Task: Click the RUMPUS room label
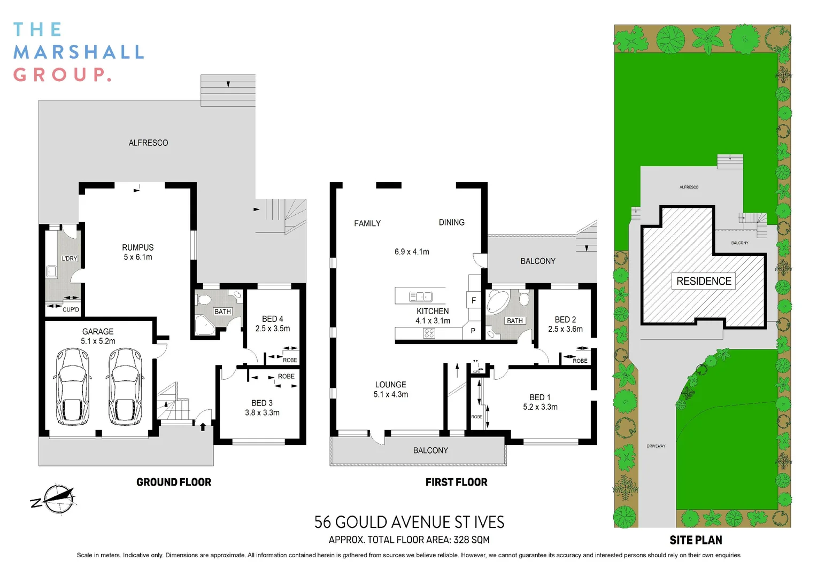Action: [137, 247]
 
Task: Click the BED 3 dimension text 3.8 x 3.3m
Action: [262, 412]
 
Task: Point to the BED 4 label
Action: [272, 319]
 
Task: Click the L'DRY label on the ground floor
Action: [70, 259]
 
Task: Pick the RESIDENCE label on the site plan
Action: [703, 281]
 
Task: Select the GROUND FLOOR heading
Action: [174, 482]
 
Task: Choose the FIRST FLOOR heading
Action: [456, 482]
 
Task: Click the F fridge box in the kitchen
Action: [473, 301]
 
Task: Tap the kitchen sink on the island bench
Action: [420, 297]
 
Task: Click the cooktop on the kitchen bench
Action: [429, 333]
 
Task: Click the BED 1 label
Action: [539, 397]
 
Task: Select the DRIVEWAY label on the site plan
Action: [656, 446]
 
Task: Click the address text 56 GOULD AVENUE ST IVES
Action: [409, 522]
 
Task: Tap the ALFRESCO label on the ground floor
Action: [148, 143]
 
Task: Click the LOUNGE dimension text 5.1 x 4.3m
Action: [390, 394]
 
